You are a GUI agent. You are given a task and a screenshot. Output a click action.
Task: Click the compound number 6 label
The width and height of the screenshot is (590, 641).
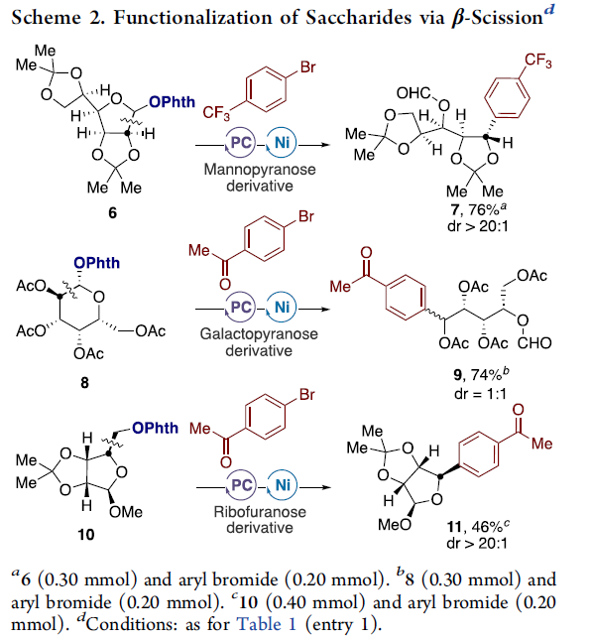(112, 212)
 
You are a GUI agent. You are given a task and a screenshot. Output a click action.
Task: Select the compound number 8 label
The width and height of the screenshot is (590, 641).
(84, 383)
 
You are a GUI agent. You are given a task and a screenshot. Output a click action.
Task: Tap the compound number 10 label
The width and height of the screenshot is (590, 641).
(86, 534)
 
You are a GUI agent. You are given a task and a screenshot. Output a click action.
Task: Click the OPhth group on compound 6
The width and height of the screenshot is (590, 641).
(172, 102)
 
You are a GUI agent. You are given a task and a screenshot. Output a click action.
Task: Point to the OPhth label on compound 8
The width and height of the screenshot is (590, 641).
(97, 263)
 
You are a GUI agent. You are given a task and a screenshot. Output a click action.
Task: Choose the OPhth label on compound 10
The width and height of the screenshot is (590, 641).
(156, 428)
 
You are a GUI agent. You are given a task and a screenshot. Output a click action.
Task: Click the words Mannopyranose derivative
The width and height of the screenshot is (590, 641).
(260, 178)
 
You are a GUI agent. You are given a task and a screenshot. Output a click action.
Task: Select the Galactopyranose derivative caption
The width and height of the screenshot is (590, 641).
(259, 342)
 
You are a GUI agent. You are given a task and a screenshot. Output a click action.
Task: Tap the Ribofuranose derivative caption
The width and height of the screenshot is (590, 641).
(260, 520)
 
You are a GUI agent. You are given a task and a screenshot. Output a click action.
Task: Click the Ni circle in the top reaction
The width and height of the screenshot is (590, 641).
(282, 143)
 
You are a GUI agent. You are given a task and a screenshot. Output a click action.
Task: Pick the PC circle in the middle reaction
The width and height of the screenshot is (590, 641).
(241, 307)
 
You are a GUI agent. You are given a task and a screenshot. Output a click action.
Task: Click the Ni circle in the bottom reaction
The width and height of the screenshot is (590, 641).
(283, 485)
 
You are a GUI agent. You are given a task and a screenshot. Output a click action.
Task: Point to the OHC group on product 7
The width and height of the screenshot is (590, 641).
(413, 93)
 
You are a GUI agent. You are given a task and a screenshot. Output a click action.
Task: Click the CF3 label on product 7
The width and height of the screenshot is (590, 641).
(538, 62)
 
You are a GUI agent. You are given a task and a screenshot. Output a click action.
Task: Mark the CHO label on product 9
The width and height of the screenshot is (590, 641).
(534, 343)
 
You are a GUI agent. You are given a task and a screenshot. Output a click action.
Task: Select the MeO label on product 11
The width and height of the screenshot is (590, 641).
(395, 525)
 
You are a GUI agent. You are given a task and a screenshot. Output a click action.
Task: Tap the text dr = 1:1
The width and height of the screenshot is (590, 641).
(480, 394)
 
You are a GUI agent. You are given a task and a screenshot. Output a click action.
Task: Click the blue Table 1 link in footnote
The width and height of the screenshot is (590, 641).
(266, 624)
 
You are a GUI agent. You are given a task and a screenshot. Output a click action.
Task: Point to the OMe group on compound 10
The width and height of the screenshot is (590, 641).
(126, 512)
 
